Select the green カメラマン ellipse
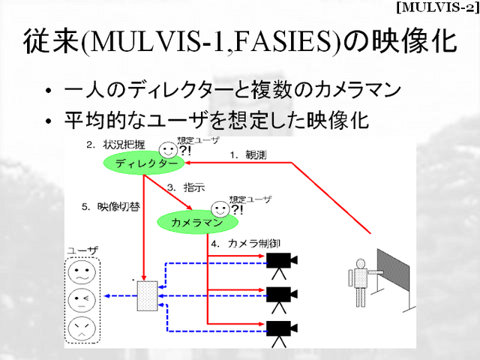point(197,223)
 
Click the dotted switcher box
point(147,296)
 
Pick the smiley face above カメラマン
point(218,208)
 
